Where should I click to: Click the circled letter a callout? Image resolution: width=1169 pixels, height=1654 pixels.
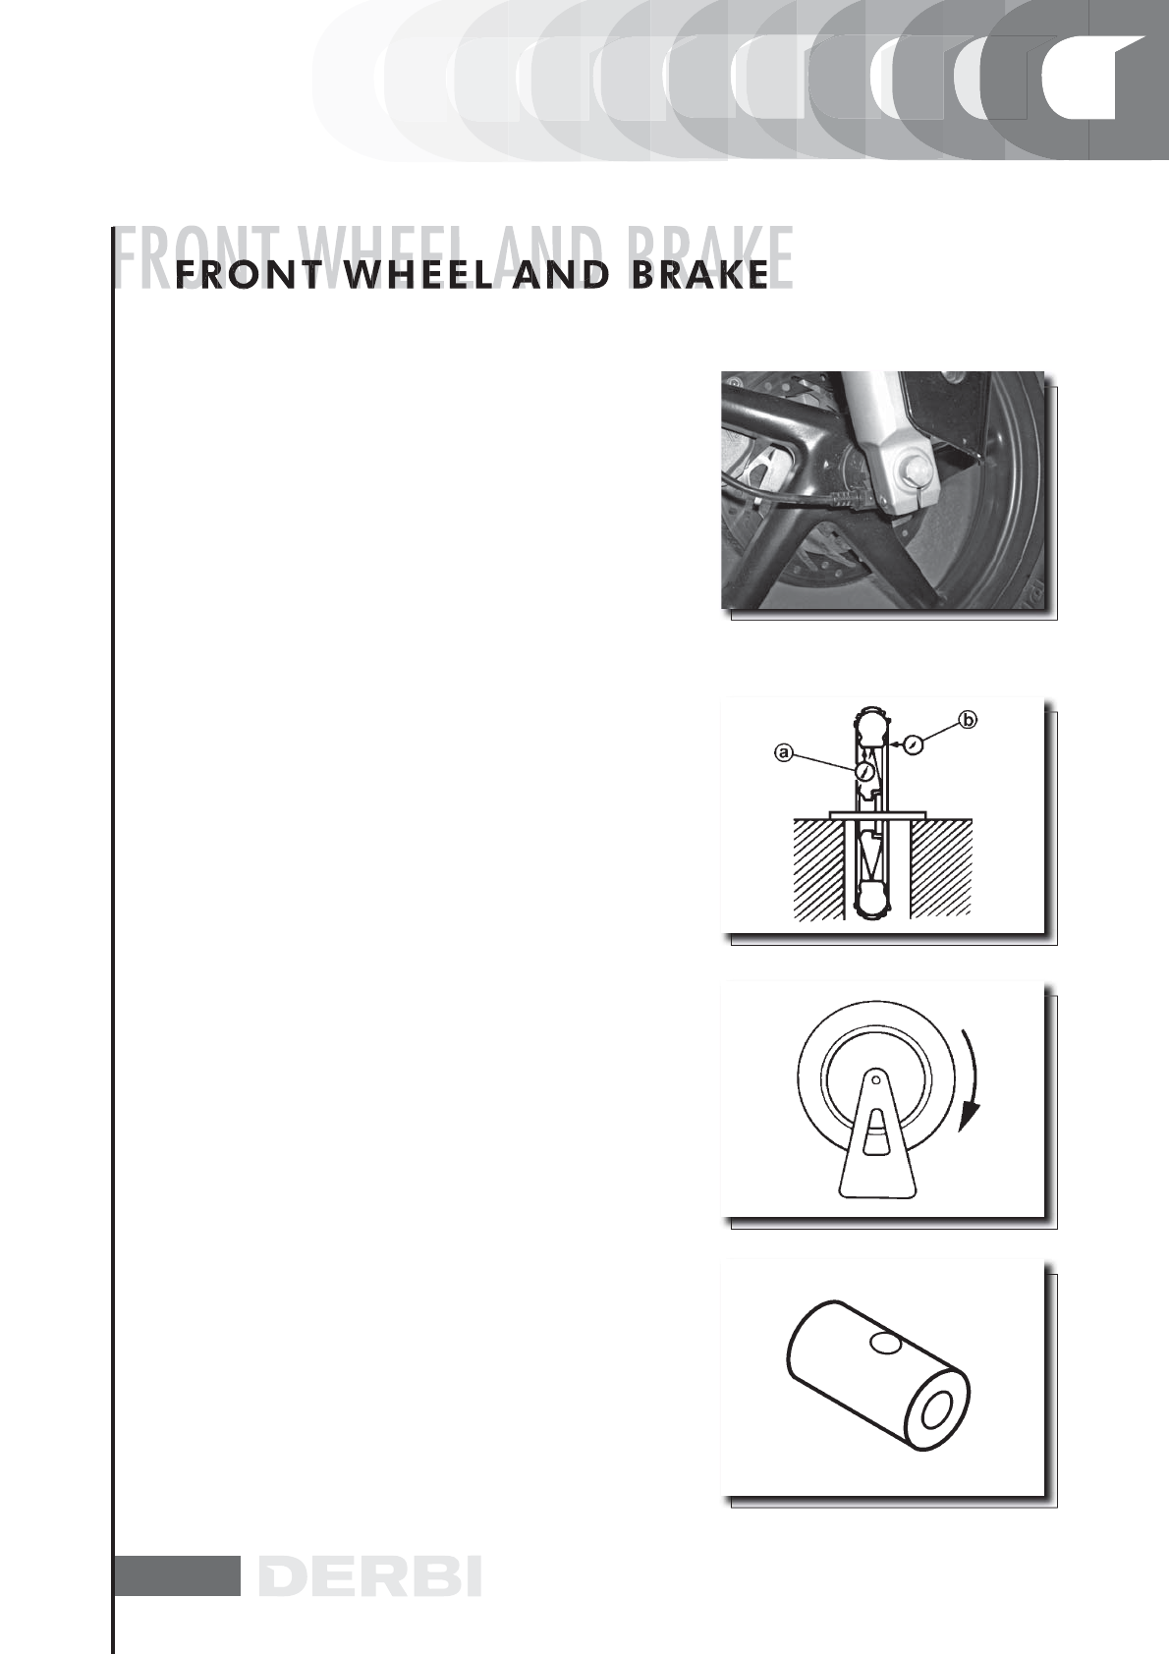[x=784, y=752]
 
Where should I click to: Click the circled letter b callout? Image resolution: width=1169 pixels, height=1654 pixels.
[x=968, y=719]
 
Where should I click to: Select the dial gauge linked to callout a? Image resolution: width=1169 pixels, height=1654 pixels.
[x=863, y=772]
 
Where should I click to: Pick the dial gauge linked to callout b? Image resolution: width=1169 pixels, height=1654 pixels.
[x=914, y=745]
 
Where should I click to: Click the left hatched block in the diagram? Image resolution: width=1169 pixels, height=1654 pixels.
[x=819, y=868]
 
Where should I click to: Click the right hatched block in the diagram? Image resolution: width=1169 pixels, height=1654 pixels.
[x=941, y=868]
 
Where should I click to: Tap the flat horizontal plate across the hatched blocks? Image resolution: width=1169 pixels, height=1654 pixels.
[x=877, y=813]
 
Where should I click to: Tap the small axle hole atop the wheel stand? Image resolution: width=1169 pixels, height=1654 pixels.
[x=876, y=1081]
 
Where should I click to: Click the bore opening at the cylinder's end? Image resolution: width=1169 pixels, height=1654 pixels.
[x=938, y=1410]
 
